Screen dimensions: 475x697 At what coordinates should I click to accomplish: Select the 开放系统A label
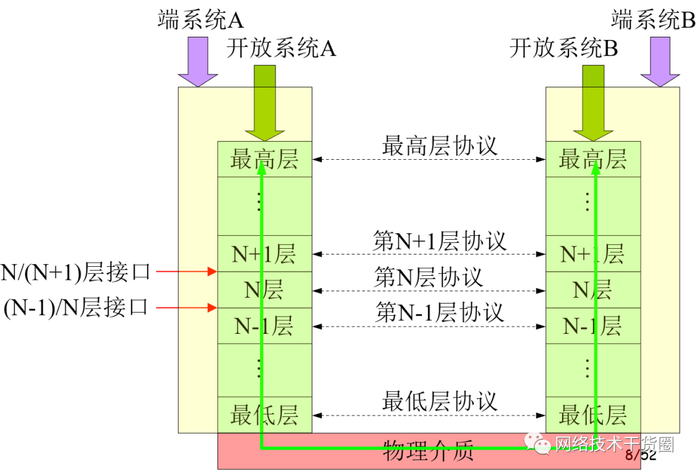(x=281, y=48)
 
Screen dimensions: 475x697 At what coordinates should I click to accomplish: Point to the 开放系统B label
(x=563, y=48)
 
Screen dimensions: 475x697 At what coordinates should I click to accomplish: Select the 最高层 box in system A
(x=265, y=159)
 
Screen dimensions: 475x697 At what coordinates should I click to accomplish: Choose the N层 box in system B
(x=593, y=291)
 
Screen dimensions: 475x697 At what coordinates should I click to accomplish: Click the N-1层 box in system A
(x=265, y=326)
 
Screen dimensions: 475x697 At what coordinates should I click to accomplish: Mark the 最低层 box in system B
(x=593, y=415)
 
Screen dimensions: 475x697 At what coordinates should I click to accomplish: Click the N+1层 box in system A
(x=265, y=254)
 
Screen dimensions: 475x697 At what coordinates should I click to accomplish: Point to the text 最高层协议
(x=440, y=146)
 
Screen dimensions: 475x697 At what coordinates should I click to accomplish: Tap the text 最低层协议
(x=440, y=402)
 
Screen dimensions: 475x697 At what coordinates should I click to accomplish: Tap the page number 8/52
(x=640, y=455)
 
